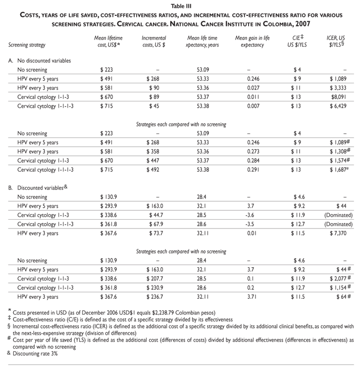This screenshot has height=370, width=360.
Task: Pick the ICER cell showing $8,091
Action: [338, 97]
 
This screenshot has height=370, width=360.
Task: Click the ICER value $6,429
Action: [338, 106]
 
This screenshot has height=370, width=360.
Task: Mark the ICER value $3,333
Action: [338, 88]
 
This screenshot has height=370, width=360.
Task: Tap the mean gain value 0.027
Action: [249, 88]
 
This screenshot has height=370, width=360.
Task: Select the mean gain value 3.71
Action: [249, 297]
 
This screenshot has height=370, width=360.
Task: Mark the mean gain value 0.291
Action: [249, 160]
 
